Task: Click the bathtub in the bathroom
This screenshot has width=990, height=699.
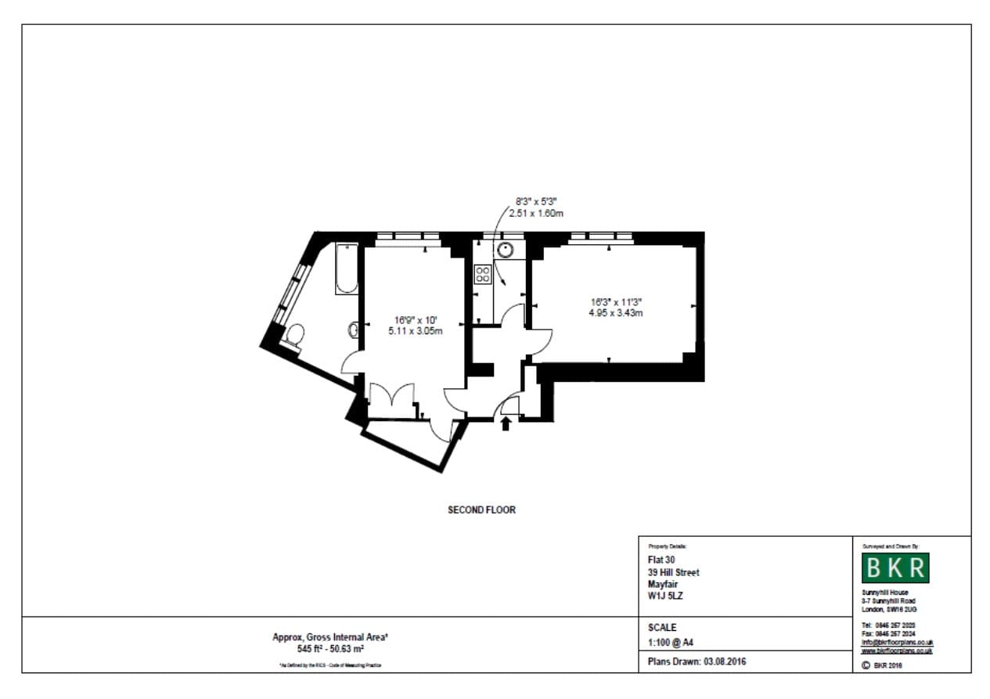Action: click(346, 268)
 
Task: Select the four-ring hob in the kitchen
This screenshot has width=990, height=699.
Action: click(482, 275)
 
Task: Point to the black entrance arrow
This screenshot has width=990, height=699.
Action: click(506, 423)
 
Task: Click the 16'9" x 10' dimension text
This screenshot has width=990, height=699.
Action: click(416, 319)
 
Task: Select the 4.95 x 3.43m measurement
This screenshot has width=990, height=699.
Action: click(616, 313)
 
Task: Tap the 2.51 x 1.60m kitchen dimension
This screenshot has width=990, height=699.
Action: click(536, 213)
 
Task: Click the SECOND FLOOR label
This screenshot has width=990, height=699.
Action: click(481, 510)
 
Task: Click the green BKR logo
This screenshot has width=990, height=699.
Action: click(895, 568)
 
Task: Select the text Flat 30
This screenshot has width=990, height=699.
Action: click(662, 560)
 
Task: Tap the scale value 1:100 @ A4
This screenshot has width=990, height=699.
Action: click(671, 643)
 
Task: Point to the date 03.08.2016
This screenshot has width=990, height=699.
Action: click(724, 661)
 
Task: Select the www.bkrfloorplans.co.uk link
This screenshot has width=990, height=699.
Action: click(896, 650)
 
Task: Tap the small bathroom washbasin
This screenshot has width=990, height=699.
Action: click(353, 330)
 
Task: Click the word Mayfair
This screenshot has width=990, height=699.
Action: click(663, 584)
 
